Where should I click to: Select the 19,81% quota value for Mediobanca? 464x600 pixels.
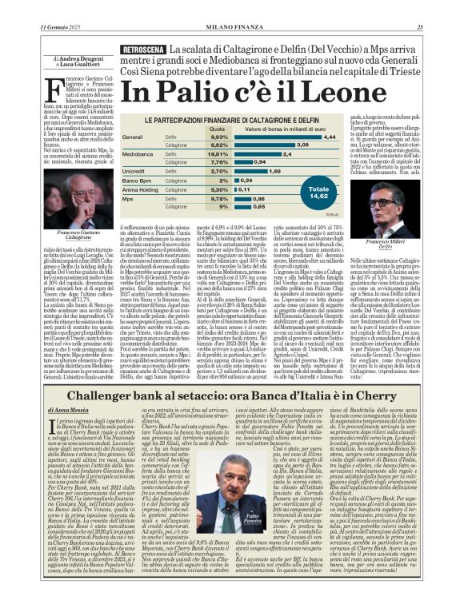(x=218, y=153)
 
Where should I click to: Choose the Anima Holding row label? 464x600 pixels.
(x=142, y=189)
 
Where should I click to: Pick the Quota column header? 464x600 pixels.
(x=218, y=128)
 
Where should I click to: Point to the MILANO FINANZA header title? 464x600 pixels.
(x=231, y=7)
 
